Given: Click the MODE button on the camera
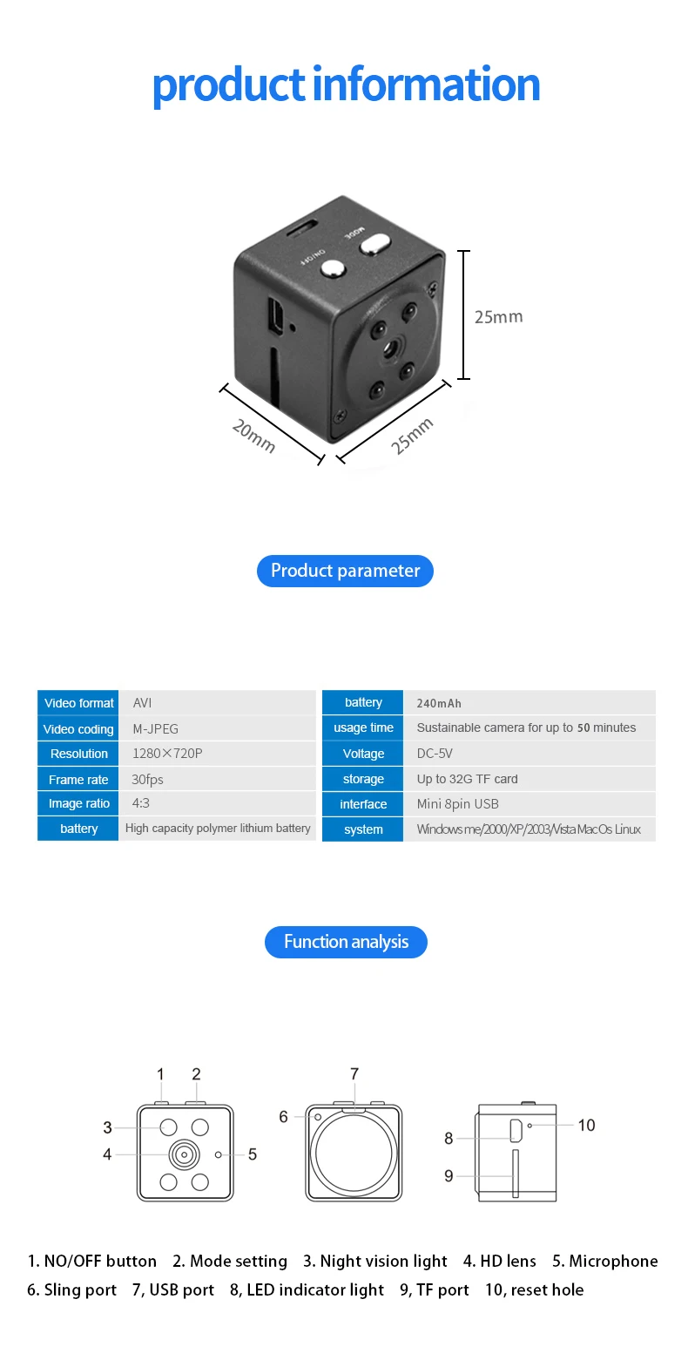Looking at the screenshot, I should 375,243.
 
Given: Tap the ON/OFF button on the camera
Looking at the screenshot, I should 333,267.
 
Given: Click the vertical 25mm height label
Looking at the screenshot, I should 498,317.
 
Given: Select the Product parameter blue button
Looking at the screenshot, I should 345,571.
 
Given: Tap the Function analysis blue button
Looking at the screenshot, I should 346,942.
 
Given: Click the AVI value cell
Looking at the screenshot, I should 143,703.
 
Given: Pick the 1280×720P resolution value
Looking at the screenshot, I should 167,754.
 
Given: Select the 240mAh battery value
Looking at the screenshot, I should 439,703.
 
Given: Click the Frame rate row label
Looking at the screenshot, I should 78,780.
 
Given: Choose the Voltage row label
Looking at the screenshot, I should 363,754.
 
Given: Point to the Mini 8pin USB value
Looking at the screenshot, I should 457,804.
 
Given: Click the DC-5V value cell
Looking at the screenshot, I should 435,754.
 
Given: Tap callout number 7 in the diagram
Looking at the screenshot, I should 354,1073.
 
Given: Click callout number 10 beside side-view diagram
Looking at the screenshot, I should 586,1126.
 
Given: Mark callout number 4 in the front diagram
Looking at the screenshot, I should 107,1154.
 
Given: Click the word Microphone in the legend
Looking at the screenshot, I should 613,1261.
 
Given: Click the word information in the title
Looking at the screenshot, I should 426,85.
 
